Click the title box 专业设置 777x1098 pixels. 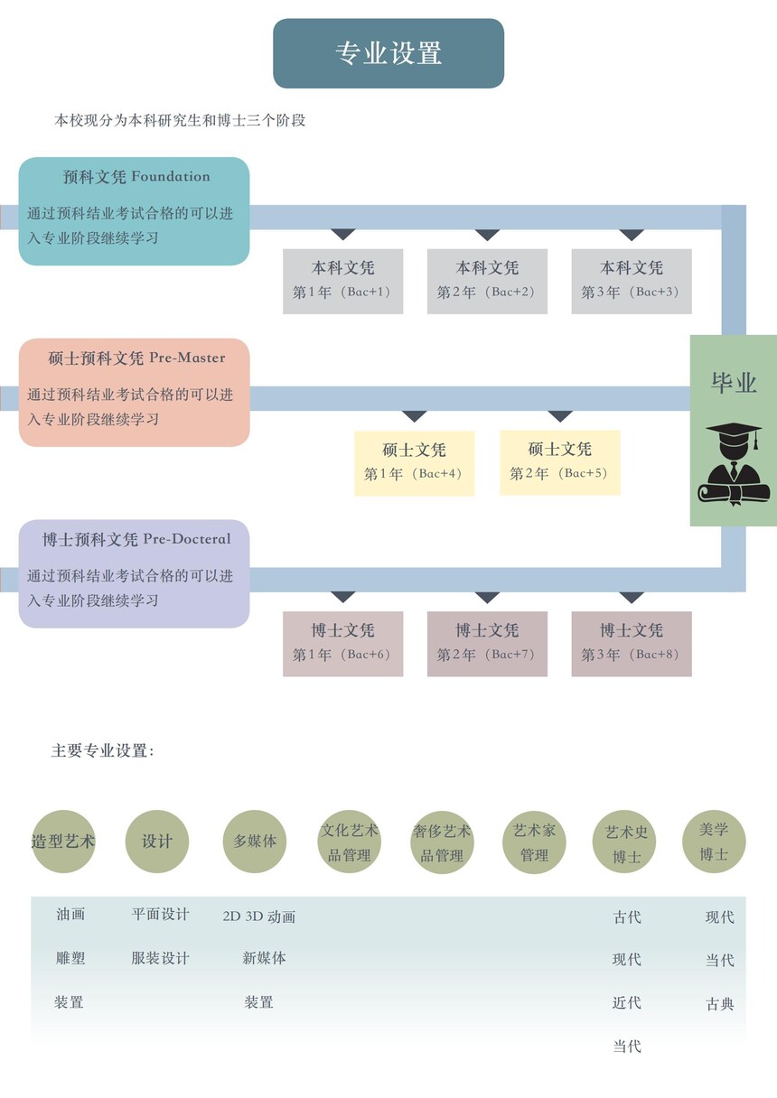388,53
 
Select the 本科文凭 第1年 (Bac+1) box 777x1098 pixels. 342,281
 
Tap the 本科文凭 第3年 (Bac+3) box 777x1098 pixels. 632,281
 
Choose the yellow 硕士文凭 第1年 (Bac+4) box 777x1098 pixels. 414,462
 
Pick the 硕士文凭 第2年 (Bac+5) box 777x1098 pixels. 560,461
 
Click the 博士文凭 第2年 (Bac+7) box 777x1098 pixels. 487,643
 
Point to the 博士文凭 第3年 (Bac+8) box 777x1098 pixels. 632,643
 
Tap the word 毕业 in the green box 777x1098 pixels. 734,383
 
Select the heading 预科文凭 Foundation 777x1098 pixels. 136,177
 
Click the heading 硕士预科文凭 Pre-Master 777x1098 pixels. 136,358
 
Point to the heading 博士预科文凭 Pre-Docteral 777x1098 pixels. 136,540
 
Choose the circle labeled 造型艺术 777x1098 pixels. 63,842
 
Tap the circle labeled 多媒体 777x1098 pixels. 255,842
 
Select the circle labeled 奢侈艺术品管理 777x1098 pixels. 442,842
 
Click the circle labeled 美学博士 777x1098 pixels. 714,842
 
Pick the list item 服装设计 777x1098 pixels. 160,958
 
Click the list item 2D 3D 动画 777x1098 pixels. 259,917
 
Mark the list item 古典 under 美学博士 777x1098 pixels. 719,1004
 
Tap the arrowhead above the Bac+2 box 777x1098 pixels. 487,236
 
